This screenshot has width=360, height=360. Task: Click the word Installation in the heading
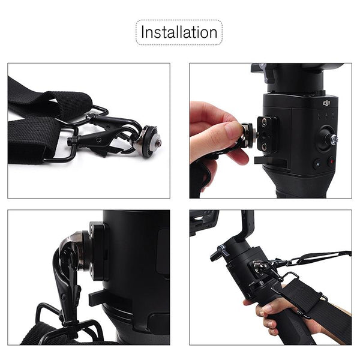178,32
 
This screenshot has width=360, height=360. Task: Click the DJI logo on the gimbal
326,104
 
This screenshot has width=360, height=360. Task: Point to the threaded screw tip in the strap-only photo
158,143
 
